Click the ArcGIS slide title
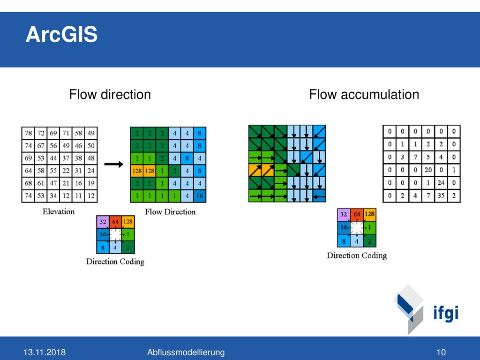[x=61, y=34]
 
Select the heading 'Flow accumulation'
[x=364, y=94]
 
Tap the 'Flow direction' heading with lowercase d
[x=110, y=94]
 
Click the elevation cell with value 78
[x=28, y=133]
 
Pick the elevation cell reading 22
[x=66, y=171]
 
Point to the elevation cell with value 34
[x=53, y=196]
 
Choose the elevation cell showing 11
[x=78, y=196]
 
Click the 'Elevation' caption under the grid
[x=59, y=211]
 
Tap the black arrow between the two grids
[x=113, y=165]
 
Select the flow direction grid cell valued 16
[x=200, y=196]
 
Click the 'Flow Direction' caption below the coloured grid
[x=170, y=212]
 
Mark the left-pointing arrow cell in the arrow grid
[x=319, y=196]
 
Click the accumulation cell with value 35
[x=441, y=195]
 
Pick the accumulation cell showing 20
[x=428, y=170]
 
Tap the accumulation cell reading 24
[x=441, y=183]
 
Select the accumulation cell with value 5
[x=428, y=157]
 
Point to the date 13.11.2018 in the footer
[x=45, y=352]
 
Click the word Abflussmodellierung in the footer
[x=186, y=352]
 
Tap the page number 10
[x=441, y=352]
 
